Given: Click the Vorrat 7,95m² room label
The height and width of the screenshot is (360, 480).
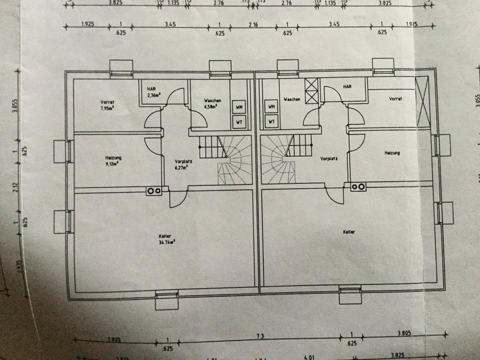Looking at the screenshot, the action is tap(107, 104).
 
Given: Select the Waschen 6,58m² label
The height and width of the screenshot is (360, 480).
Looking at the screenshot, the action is tap(212, 103).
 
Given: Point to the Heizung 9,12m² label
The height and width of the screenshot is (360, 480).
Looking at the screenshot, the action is tap(113, 160).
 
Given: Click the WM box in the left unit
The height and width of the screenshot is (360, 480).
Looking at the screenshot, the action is tap(238, 106).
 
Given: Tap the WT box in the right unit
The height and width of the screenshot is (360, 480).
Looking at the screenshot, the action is tap(271, 120).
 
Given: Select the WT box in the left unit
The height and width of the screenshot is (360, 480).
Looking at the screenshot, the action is tap(238, 121).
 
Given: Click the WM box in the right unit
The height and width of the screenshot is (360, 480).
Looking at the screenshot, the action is tap(271, 106).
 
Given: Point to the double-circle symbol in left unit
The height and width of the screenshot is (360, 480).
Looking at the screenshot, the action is tap(153, 190).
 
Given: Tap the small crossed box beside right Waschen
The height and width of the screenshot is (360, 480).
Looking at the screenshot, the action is tap(311, 90).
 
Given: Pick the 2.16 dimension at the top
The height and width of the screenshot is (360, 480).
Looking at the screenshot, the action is tap(253, 24).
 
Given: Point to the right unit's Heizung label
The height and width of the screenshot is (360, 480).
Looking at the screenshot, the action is tap(392, 153).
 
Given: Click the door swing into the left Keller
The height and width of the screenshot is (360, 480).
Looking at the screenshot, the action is tap(176, 200).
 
